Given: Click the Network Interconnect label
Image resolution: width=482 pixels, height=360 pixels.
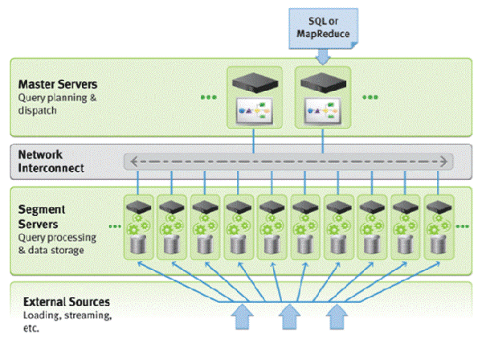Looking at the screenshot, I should pos(50,161).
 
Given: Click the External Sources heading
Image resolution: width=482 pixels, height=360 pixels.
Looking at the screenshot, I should pos(66,303).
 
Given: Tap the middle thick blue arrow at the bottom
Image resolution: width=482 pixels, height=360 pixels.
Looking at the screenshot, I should pos(288,316).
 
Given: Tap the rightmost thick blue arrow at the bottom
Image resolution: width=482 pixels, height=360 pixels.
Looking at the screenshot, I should pos(337,316).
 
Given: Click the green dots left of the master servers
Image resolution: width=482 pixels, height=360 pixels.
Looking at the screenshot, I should pos(209,97).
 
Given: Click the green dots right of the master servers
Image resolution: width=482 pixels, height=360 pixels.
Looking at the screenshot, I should pos(370,97).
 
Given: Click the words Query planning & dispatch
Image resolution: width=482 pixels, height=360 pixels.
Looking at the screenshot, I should pos(50,104).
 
